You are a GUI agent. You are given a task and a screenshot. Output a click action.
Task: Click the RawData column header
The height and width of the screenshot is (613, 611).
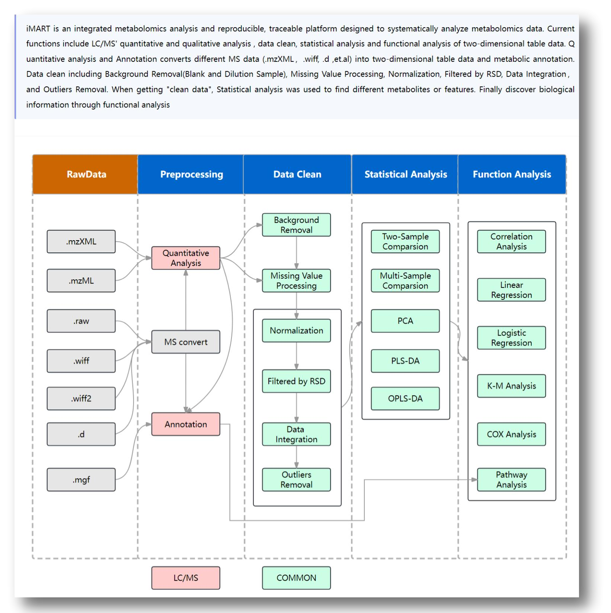click(86, 174)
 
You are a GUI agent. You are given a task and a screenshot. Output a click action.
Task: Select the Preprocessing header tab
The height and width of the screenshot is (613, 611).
click(191, 174)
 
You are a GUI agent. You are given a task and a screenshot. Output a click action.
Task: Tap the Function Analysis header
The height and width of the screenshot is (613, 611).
click(512, 174)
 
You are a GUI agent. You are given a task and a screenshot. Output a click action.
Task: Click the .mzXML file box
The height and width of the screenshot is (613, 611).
click(81, 242)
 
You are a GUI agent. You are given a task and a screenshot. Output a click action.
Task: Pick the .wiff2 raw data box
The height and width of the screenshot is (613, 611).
click(81, 398)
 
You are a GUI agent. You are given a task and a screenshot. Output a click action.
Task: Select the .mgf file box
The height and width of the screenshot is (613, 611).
click(81, 480)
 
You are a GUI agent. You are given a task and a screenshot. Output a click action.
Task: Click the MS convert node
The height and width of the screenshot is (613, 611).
click(186, 342)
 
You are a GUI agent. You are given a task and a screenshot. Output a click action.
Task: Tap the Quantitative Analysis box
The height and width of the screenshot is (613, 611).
click(186, 258)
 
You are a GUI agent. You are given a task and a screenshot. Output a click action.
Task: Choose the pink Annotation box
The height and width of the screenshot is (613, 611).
click(186, 424)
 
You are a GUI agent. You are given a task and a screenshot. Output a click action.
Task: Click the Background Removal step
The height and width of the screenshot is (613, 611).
click(296, 225)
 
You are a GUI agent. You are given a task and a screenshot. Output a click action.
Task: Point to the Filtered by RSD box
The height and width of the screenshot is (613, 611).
click(296, 381)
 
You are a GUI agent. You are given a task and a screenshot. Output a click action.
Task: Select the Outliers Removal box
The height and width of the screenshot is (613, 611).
click(296, 480)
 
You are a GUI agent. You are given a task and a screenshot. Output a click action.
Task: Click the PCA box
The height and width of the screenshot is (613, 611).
click(405, 321)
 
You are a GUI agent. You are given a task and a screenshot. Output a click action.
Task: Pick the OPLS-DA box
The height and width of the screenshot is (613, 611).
click(405, 398)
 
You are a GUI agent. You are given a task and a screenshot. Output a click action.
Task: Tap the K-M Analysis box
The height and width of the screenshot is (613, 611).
click(511, 386)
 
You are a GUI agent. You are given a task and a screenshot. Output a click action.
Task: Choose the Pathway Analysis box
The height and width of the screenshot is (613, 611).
click(511, 480)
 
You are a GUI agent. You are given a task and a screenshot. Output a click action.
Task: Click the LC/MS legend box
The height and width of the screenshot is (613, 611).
click(186, 578)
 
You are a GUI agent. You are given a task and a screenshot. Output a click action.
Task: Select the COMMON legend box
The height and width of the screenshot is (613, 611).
click(296, 578)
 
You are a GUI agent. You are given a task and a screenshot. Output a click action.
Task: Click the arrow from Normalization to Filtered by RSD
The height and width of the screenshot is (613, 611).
click(297, 356)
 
